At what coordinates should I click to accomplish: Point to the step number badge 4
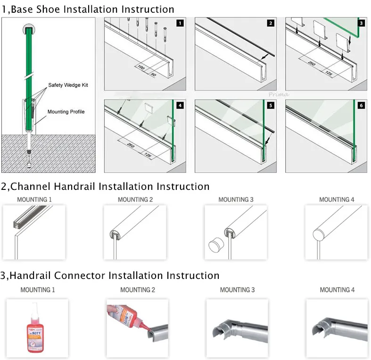pos(180,106)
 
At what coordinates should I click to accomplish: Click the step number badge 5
pos(271,106)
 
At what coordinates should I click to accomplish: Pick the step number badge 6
pos(361,106)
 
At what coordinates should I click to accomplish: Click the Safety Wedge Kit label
pos(68,85)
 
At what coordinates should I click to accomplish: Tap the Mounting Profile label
pos(66,112)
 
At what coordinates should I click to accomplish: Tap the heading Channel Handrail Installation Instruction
pos(105,187)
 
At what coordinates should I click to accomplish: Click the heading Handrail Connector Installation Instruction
pos(110,275)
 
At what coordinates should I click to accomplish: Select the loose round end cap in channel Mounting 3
pos(216,246)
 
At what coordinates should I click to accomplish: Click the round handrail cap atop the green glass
pos(29,30)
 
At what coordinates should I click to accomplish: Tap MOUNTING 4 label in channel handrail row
pos(337,200)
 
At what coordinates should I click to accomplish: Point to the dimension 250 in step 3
pos(311,62)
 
